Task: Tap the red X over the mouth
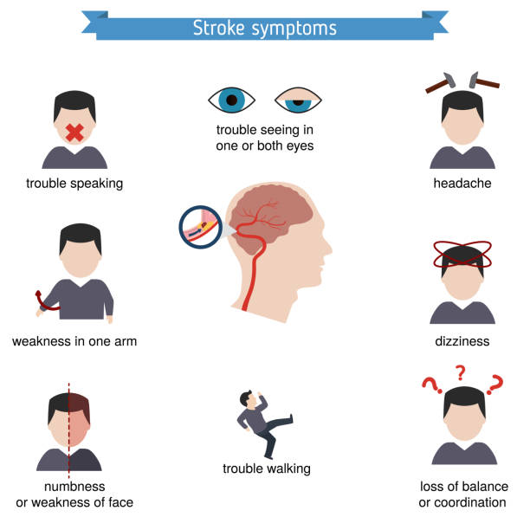click(74, 133)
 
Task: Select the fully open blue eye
click(231, 100)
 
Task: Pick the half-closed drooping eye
click(298, 101)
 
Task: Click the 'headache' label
click(462, 183)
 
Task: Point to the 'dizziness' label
click(462, 341)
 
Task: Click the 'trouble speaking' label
click(74, 183)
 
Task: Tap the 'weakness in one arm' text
click(74, 341)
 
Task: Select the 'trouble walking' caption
click(266, 469)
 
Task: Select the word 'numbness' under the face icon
click(74, 486)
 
